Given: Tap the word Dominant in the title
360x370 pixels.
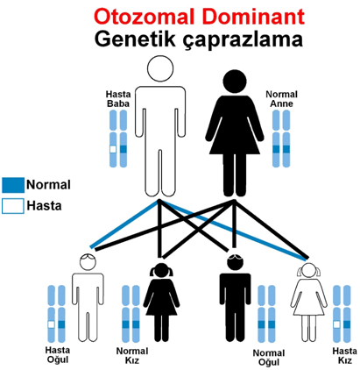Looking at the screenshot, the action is point(254,17).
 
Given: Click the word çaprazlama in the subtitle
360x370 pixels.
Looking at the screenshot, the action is point(243,40).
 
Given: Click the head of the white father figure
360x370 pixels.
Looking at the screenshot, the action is point(160,68).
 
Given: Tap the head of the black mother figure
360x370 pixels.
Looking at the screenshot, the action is point(235,82).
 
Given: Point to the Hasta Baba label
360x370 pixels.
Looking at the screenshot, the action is point(118,99).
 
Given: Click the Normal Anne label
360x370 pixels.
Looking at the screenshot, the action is point(281,99).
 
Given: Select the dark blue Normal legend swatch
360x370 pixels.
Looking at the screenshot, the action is point(13,185).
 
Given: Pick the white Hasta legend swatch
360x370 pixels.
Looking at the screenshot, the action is point(13,206).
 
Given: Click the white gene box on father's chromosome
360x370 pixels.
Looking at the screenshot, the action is point(113,149).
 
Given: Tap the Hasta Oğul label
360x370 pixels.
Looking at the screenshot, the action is point(58,354).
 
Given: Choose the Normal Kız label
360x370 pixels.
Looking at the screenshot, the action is point(132,355).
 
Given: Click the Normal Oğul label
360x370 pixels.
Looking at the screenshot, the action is point(269,358).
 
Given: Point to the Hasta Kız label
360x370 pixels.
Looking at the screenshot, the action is point(344,355).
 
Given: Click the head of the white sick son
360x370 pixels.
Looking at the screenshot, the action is point(88,262).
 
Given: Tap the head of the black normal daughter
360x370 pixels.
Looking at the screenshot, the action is point(161,271).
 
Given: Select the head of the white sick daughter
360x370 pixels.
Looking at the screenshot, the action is point(308,271).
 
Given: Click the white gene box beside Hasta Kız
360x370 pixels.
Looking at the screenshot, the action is point(336,324).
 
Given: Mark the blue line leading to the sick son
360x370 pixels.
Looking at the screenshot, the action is point(124,224).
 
